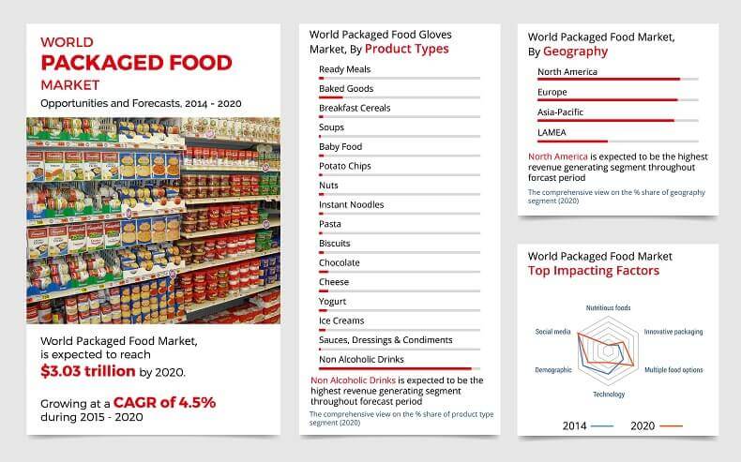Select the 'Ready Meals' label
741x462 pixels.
tap(344, 69)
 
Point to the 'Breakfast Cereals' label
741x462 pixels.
tap(355, 108)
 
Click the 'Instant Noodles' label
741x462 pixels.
tap(351, 204)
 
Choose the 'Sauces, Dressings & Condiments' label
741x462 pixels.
tap(386, 340)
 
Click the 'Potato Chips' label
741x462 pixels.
tap(345, 166)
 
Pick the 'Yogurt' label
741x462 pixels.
tap(333, 302)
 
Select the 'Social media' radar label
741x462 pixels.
tap(554, 332)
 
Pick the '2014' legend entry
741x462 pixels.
tap(575, 426)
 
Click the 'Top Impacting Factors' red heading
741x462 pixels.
tap(593, 271)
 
